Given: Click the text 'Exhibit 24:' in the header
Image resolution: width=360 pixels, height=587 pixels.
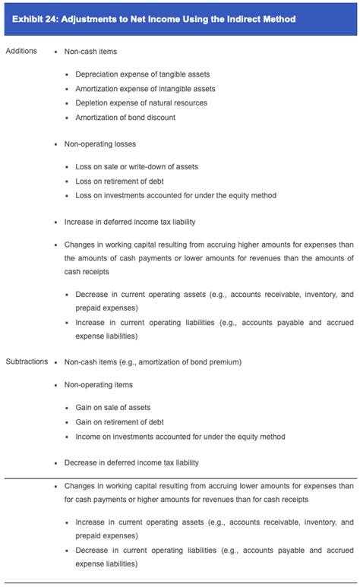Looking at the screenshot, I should coord(37,18).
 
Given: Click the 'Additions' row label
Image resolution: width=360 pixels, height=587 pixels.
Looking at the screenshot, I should coord(21,51).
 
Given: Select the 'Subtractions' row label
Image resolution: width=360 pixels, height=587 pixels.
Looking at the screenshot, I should coord(27,361).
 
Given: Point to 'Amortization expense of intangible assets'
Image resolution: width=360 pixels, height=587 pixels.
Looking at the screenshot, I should coord(145,89).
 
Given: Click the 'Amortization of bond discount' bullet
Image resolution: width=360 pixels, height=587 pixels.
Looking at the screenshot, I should coord(125,118).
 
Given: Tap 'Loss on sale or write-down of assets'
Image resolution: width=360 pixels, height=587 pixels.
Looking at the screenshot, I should coord(137,166).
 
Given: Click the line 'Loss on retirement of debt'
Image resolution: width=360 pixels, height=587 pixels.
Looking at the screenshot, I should coord(119,181).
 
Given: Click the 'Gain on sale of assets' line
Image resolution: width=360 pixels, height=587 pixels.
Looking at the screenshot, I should coord(112,408).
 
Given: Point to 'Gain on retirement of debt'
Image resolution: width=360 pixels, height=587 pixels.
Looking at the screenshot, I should coord(120,422).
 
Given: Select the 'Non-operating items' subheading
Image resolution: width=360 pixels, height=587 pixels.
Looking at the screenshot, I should coord(99,385).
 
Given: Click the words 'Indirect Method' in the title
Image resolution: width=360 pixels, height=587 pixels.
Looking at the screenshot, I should coord(258,18).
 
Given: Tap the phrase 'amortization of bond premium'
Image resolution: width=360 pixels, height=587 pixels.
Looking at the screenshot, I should coord(184,361).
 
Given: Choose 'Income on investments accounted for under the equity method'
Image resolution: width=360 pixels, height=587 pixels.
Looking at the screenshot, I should coord(180,437).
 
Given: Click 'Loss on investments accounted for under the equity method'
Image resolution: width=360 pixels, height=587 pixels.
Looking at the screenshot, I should coord(175,195).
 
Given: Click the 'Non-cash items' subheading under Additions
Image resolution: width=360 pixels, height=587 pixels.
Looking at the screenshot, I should coord(90,51).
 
